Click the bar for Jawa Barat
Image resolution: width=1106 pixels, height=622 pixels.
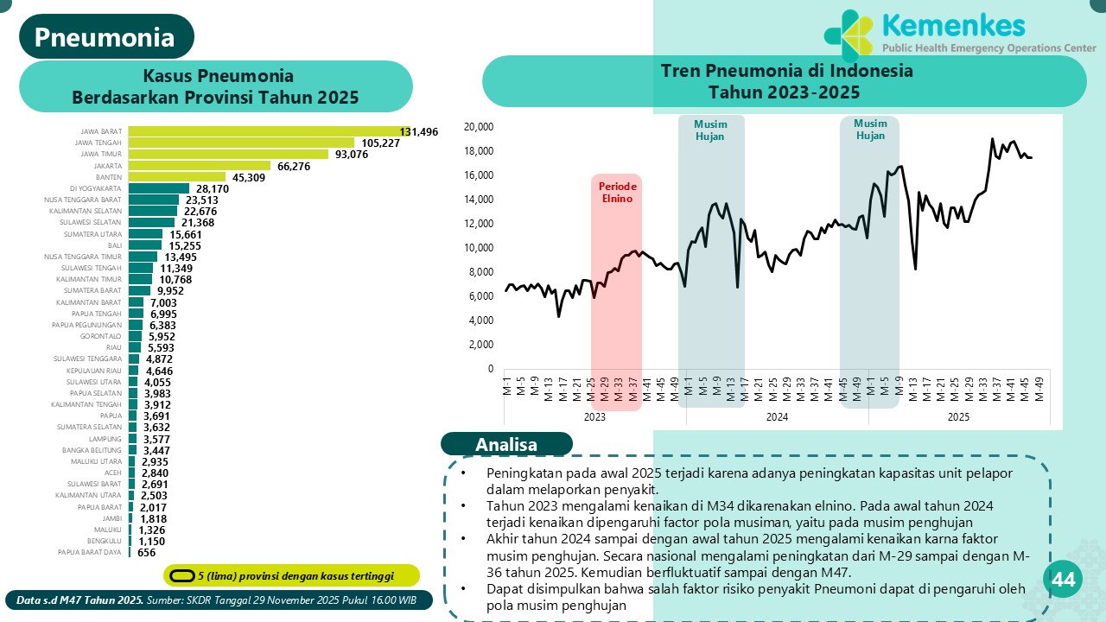tap(268, 131)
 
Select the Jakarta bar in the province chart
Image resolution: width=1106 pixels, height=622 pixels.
tap(212, 165)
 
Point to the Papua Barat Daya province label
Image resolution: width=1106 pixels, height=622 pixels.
tap(89, 552)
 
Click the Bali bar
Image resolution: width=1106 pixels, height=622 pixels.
tap(145, 245)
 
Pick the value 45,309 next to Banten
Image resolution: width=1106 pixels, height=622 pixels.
tap(246, 177)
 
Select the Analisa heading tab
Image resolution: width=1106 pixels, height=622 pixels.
tap(506, 444)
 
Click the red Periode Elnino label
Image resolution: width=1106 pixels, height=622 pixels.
tap(617, 192)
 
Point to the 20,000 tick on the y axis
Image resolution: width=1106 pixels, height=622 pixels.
tap(478, 127)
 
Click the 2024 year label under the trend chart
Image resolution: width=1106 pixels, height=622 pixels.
tap(777, 416)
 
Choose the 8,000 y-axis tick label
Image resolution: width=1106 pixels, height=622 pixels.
tap(480, 272)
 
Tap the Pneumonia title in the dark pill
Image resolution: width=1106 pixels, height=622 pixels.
tap(105, 36)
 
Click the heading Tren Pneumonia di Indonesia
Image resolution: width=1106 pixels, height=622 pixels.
tap(785, 71)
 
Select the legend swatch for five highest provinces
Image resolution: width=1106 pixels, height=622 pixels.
tap(181, 575)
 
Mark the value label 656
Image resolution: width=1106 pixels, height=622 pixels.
tap(147, 553)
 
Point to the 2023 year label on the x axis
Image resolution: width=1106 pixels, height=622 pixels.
tap(594, 416)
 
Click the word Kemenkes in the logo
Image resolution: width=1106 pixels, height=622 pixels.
tap(953, 25)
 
